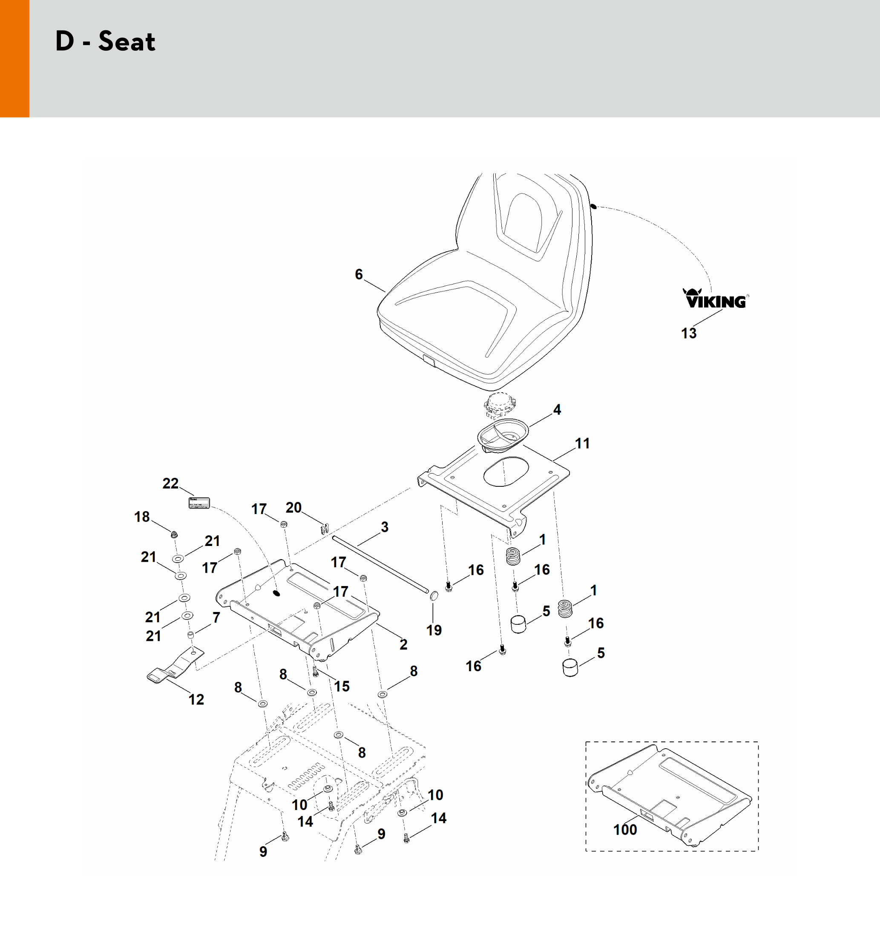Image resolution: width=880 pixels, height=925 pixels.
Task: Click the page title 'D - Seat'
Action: coord(105,41)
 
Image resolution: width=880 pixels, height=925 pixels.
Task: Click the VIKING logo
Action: coord(715,299)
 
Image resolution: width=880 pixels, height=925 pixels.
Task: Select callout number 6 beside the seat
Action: coord(359,274)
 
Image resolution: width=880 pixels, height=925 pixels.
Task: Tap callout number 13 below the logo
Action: coord(689,333)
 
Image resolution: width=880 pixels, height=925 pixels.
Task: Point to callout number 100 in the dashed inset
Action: coord(625,829)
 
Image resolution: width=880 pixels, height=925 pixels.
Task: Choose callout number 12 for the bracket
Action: coord(196,699)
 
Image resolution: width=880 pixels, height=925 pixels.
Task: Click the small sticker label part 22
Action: coord(199,503)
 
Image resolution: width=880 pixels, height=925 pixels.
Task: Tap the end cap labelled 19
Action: coord(434,596)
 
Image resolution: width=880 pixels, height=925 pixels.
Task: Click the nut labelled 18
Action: coord(174,534)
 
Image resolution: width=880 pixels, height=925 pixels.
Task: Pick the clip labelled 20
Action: coord(324,529)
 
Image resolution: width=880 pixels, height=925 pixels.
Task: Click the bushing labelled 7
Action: coord(191,635)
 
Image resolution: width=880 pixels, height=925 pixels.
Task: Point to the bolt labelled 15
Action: coord(315,671)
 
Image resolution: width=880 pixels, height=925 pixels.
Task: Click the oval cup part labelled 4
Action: coord(502,434)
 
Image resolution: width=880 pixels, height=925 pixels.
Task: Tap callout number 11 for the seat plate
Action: coord(582,443)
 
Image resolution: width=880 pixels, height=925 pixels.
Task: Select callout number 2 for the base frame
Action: coord(403,644)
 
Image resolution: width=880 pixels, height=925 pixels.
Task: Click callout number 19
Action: coord(434,630)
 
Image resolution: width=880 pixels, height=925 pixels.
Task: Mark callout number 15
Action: coord(342,686)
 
